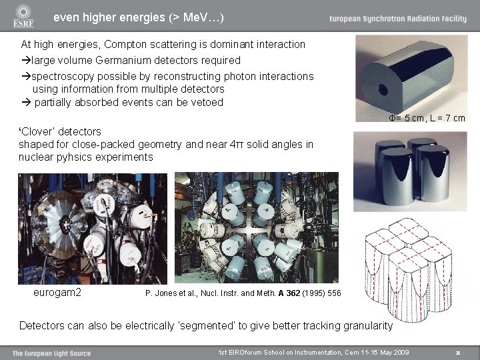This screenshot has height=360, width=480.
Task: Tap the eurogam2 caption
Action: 57,292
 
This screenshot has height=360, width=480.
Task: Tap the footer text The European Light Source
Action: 51,353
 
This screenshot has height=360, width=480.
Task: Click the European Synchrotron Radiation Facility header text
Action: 397,19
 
